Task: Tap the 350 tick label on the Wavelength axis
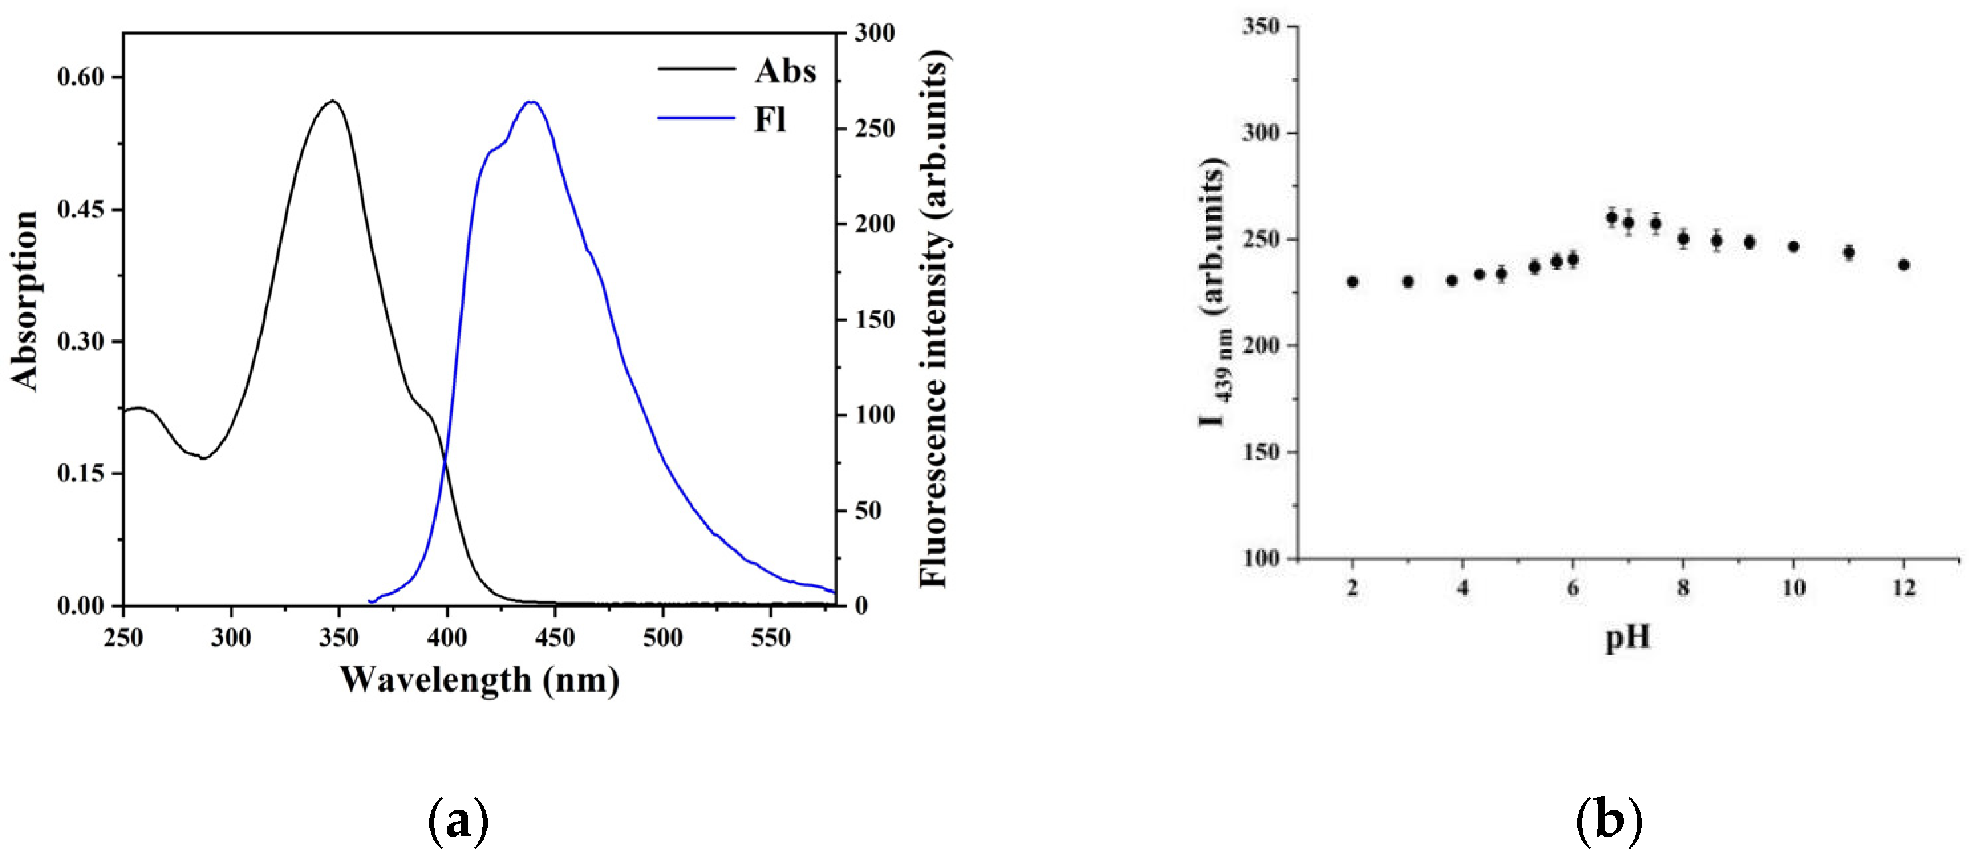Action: (339, 637)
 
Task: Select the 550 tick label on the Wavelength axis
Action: (770, 637)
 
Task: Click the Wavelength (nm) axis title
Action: (479, 679)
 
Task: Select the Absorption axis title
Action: (25, 300)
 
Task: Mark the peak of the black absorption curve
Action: (332, 101)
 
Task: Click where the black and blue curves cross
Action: (445, 460)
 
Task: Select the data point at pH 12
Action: (1904, 265)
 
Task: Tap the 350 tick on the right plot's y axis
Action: (1262, 27)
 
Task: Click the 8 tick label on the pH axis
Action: (1683, 587)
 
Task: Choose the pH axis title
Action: (1627, 637)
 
